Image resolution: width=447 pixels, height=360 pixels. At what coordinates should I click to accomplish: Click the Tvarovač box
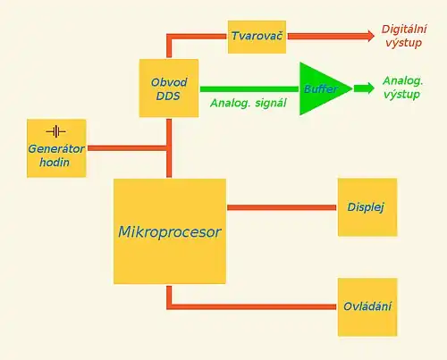tap(257, 37)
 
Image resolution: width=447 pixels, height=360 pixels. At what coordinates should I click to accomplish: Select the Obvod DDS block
tap(169, 88)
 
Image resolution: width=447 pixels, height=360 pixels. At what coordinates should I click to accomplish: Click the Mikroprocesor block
tap(170, 231)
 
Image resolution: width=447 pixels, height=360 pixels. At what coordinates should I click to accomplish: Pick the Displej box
tap(367, 207)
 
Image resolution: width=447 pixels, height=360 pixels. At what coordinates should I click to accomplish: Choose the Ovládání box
tap(367, 307)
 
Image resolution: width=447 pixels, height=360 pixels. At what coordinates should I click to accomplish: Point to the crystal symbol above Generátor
tap(55, 131)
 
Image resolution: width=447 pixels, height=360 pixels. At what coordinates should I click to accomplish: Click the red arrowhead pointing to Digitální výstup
tap(371, 36)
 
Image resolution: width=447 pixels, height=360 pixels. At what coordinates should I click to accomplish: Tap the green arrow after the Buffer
tap(364, 88)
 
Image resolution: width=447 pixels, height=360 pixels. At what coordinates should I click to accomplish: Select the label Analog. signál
tap(249, 103)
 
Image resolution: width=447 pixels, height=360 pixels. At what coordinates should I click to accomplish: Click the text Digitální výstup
tap(404, 36)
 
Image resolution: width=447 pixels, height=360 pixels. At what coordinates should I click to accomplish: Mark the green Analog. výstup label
tap(402, 88)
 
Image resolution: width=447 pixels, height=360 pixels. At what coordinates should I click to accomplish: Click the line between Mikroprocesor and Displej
tap(282, 207)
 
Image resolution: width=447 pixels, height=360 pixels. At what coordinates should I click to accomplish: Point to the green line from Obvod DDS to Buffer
tap(249, 89)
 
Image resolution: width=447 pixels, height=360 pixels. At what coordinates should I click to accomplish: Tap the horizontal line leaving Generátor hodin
tap(127, 148)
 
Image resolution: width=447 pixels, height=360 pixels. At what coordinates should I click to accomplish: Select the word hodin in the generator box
tap(55, 163)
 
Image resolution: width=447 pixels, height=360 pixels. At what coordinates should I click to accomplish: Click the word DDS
tap(168, 96)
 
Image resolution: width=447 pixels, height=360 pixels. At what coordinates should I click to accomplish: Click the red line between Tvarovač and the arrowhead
tap(327, 37)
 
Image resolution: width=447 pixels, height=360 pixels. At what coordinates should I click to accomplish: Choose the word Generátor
tap(56, 149)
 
